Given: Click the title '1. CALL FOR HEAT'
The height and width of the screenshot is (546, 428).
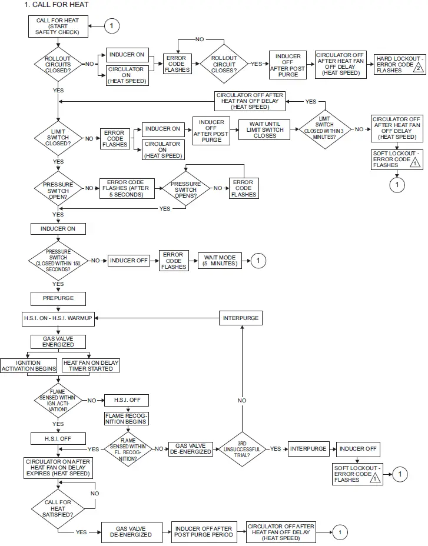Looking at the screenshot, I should click(x=57, y=5).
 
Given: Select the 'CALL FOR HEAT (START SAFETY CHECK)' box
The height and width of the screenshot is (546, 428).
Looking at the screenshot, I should click(x=58, y=26).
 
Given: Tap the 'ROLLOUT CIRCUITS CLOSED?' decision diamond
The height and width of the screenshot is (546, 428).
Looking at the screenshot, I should click(x=58, y=64).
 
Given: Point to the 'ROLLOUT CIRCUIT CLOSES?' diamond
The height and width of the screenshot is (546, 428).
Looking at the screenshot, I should click(x=224, y=63).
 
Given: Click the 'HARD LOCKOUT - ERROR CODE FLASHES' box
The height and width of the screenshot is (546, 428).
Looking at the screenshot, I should click(x=399, y=64).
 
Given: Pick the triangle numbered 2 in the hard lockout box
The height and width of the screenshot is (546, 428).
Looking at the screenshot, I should click(x=417, y=68).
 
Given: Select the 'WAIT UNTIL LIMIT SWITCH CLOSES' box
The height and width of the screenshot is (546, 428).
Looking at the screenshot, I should click(x=265, y=129).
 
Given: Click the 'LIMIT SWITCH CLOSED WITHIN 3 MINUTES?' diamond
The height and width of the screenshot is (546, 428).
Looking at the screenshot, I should click(x=326, y=128).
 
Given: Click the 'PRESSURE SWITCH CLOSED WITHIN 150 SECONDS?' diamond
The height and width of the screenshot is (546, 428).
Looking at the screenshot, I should click(x=58, y=259).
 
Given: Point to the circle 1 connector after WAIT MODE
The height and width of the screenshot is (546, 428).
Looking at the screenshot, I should click(x=258, y=260).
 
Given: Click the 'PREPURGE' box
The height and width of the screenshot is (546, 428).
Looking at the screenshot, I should click(x=58, y=298).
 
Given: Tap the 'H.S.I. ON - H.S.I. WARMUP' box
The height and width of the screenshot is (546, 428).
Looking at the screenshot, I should click(x=58, y=318).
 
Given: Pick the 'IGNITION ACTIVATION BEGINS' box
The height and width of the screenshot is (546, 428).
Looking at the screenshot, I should click(x=29, y=365).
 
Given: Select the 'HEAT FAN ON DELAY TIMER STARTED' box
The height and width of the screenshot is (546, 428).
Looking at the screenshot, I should click(x=90, y=365).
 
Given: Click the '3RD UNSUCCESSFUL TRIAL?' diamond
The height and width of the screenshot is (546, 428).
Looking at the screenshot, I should click(x=241, y=448).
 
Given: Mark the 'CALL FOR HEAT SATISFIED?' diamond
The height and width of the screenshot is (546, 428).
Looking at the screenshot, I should click(x=58, y=507).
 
